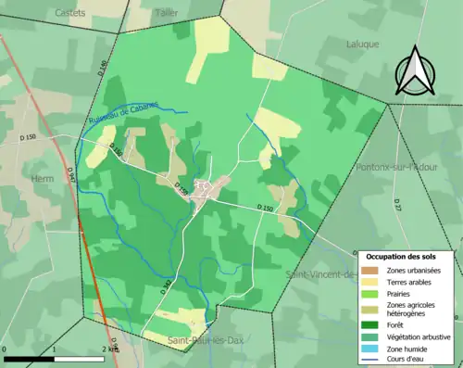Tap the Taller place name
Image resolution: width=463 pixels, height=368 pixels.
tap(167, 13)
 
